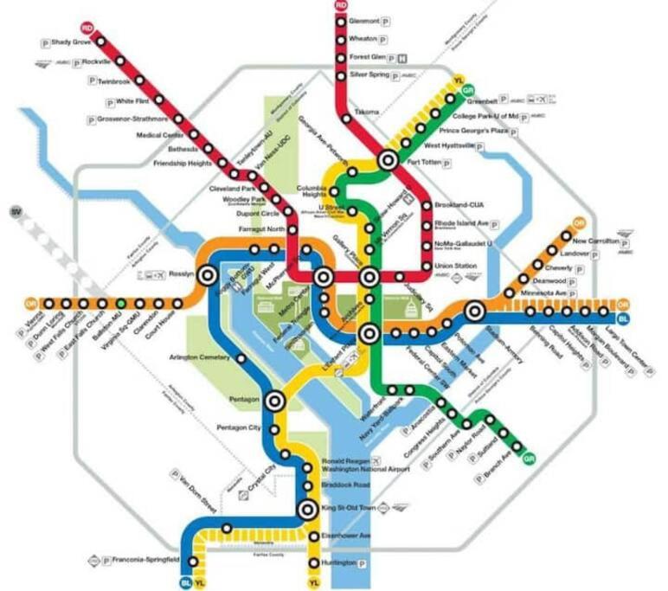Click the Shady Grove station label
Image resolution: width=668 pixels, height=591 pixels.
(x=72, y=42)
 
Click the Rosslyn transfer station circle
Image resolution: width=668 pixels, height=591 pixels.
(x=208, y=275)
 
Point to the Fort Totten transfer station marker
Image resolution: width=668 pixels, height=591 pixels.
(x=386, y=159)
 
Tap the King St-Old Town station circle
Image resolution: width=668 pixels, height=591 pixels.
(x=306, y=510)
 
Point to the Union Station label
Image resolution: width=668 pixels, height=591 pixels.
(x=455, y=265)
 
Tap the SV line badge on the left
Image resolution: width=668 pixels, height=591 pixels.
(x=15, y=212)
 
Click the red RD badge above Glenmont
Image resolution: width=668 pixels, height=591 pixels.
(x=341, y=5)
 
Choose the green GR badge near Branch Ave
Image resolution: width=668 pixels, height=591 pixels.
(x=530, y=458)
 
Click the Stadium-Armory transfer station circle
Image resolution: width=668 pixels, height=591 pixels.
(x=474, y=312)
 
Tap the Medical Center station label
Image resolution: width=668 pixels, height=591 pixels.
(x=160, y=135)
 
